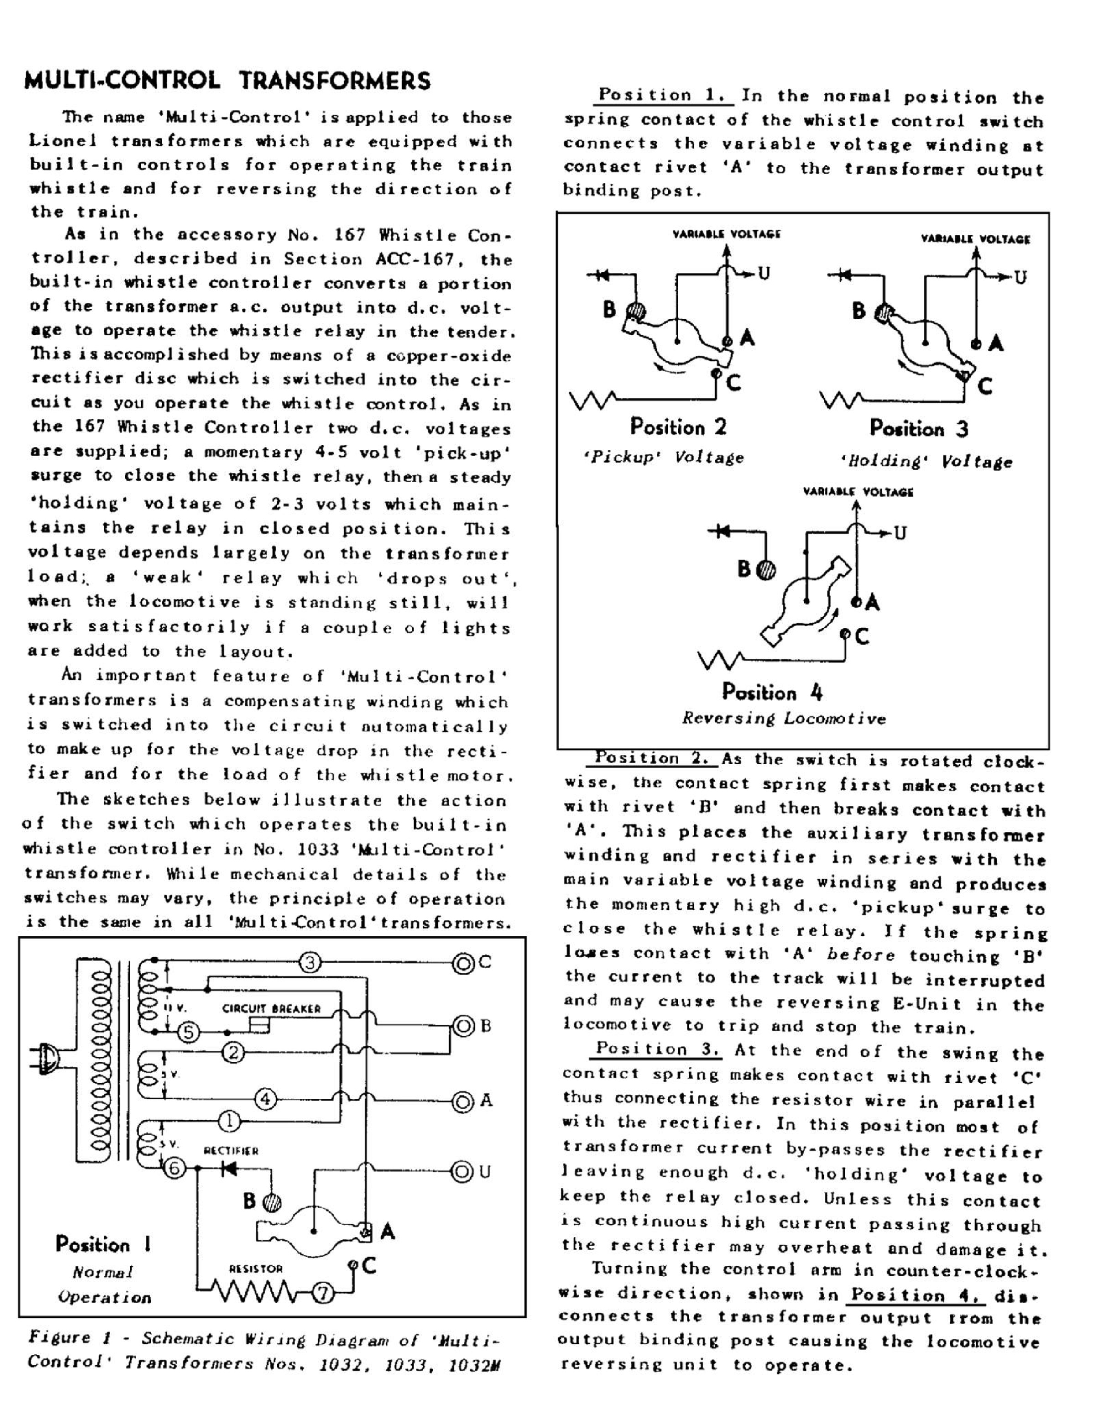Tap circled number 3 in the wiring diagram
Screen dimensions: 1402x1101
(309, 963)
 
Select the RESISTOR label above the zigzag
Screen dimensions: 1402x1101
(256, 1269)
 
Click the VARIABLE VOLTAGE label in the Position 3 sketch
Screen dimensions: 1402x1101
(976, 240)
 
